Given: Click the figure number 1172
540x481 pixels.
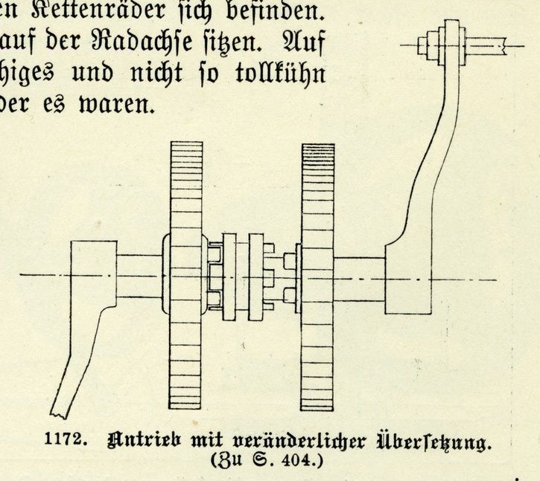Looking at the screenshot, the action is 65,439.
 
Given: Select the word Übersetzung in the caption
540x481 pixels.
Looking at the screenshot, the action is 433,441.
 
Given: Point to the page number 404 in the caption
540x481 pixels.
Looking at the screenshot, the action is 296,460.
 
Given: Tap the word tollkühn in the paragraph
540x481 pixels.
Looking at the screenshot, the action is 280,73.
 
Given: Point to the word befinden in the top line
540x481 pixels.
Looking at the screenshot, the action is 275,10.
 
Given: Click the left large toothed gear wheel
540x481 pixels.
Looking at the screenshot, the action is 185,275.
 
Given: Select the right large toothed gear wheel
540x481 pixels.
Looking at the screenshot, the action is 317,277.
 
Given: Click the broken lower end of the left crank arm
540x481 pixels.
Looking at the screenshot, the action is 60,413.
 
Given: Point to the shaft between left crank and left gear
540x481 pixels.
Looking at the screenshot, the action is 139,275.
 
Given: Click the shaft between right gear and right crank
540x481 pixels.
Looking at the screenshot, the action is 360,280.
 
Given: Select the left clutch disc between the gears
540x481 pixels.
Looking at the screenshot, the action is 229,277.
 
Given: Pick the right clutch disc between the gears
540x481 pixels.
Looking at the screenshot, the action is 256,277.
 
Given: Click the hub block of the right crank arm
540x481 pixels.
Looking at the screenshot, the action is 408,279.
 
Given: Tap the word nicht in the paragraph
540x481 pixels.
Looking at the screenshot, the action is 156,73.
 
